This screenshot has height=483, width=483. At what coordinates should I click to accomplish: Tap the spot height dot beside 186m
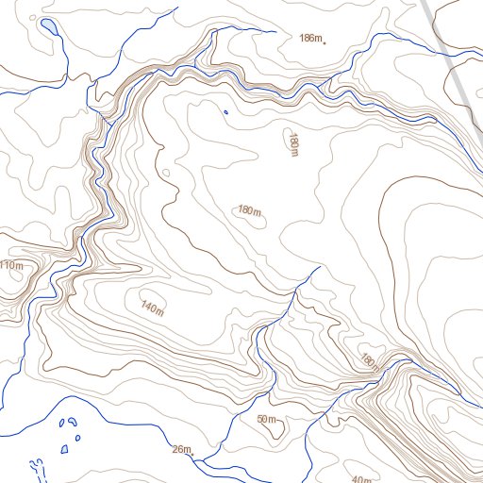click(325, 42)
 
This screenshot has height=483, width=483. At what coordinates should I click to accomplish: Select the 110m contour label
click(10, 266)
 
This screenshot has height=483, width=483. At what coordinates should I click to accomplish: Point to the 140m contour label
click(152, 307)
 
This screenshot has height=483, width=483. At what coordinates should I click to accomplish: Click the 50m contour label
click(265, 419)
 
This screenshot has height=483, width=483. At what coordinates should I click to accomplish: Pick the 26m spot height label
click(181, 448)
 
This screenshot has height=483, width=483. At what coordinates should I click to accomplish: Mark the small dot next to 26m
click(194, 454)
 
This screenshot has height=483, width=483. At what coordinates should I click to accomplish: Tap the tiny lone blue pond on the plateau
click(225, 113)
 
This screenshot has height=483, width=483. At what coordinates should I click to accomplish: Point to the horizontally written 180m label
click(249, 209)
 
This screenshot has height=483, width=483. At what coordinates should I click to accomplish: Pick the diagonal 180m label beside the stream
click(368, 360)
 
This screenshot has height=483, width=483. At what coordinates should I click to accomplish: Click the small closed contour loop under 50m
click(273, 430)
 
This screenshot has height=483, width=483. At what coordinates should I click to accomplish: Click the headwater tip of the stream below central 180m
click(320, 267)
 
